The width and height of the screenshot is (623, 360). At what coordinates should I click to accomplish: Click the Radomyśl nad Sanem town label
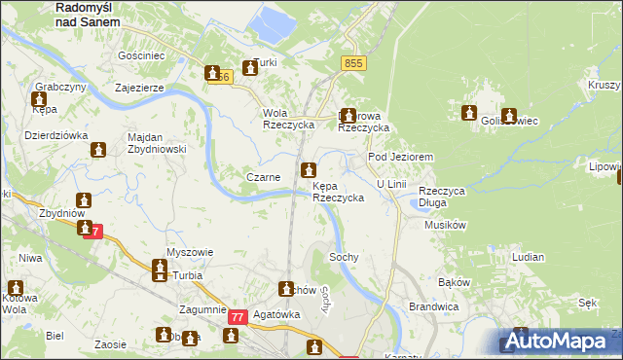coord(90,13)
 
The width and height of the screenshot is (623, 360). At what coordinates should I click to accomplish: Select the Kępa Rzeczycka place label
coord(339,191)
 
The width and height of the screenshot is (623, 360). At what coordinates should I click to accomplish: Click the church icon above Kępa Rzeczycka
coord(309,169)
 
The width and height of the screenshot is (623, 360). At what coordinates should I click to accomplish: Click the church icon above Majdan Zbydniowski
coord(98,150)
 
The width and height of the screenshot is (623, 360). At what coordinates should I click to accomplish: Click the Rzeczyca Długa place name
coord(442,197)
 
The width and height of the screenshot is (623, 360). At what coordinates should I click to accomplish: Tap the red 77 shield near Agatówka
coord(238,317)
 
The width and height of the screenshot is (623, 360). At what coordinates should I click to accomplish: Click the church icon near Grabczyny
coord(40,99)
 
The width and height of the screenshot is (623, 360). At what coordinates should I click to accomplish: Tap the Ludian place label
coord(528,256)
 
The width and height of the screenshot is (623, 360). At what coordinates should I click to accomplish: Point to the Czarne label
coord(264,177)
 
